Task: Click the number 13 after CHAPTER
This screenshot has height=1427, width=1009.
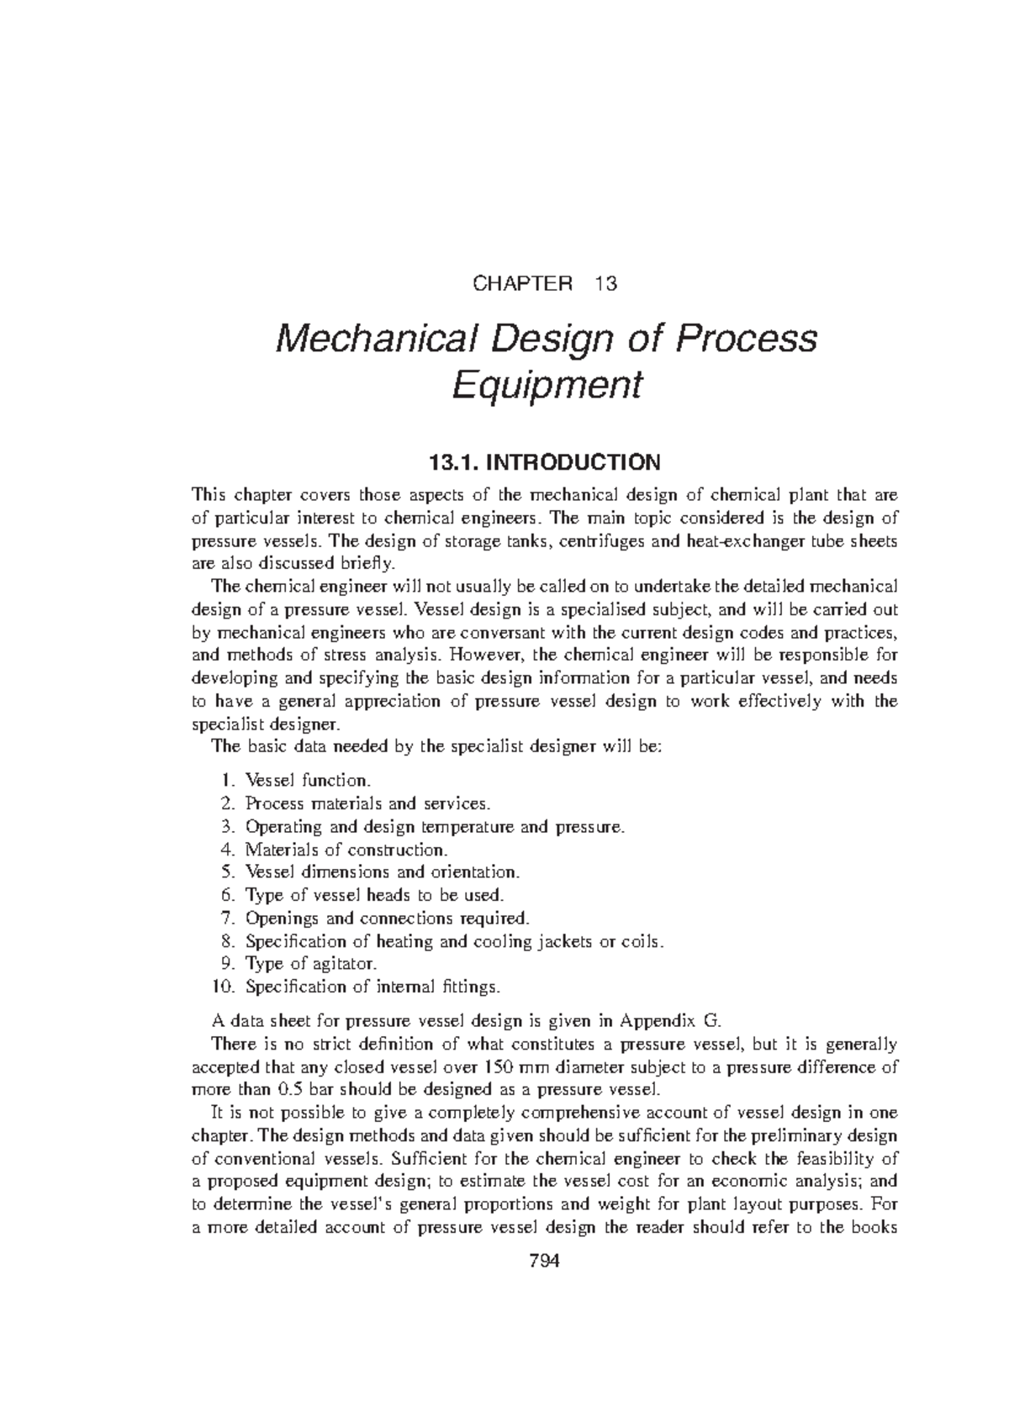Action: click(x=605, y=283)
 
